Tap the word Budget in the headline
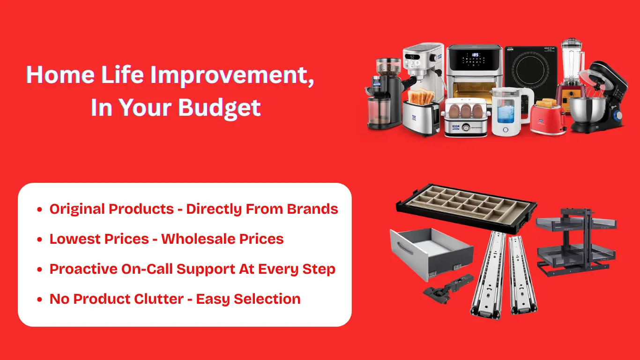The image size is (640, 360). click(219, 108)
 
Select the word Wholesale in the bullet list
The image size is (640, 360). click(199, 239)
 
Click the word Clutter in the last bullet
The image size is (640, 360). click(159, 299)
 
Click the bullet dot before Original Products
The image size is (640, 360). click(40, 210)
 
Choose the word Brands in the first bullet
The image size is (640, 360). click(313, 209)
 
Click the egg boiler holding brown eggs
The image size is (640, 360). click(466, 117)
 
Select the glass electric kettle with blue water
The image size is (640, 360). click(510, 112)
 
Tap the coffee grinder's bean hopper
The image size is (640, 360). click(388, 67)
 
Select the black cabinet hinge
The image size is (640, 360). click(448, 289)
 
